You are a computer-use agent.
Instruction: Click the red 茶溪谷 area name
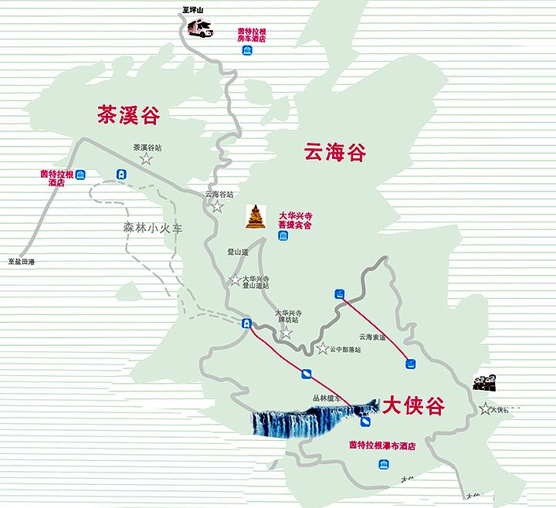coord(128,116)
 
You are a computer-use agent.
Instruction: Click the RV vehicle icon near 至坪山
coord(200,28)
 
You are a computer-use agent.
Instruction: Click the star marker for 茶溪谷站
coord(145,159)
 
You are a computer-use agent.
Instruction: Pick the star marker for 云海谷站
coord(218,207)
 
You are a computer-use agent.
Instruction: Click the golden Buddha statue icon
coord(254,217)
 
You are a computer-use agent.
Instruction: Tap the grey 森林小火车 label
coord(151,228)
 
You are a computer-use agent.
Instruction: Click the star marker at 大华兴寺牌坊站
coord(286,333)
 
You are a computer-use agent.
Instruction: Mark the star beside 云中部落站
coord(322,349)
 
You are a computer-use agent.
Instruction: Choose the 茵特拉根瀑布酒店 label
coord(382,445)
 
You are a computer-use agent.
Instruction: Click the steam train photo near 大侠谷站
coord(484,381)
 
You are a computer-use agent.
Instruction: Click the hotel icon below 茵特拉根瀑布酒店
coord(383,463)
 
